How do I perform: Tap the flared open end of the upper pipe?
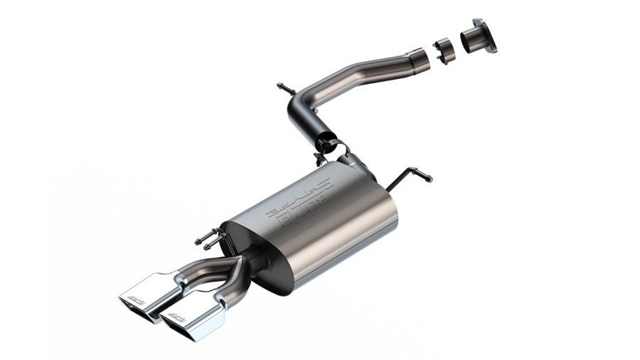click(419, 55)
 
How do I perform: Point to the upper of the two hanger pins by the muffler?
click(206, 234)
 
